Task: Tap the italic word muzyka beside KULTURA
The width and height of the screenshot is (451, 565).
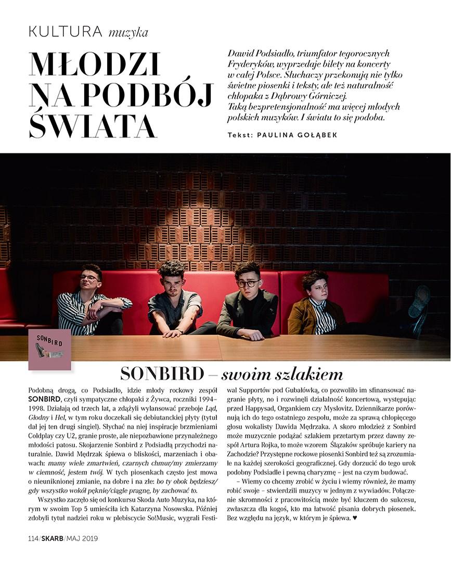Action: pos(128,33)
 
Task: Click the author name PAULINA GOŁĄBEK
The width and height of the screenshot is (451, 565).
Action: pos(297,135)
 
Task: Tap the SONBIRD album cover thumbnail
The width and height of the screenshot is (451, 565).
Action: pos(49,348)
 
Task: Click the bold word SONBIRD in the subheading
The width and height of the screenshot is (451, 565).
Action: pos(162,374)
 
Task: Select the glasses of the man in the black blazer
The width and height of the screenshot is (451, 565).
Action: pos(249,284)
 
